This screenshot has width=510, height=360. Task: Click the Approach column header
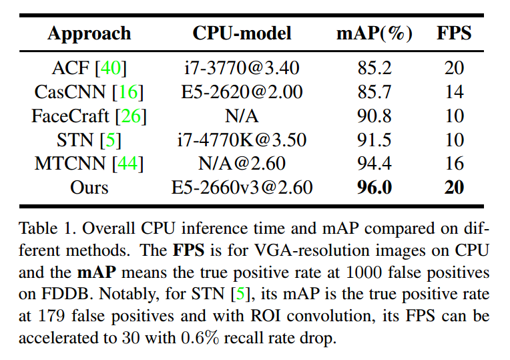89,34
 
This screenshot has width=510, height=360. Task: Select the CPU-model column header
242,34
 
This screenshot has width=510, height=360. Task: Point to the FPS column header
455,34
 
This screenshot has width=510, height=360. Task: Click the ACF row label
72,68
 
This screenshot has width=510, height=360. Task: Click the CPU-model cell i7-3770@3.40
242,68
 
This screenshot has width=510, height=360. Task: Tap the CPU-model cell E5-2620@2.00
242,92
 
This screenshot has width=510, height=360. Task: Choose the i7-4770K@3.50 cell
242,140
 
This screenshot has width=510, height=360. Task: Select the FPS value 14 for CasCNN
455,92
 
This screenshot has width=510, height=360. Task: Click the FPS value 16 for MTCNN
455,164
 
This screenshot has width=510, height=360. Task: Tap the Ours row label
89,188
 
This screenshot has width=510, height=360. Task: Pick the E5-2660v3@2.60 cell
242,188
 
